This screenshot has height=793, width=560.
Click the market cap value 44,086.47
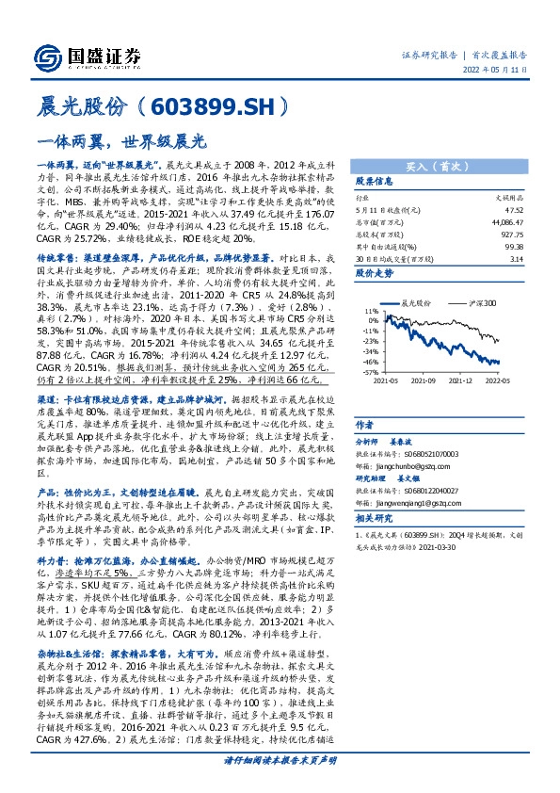click(x=504, y=221)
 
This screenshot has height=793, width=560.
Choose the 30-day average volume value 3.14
click(x=516, y=255)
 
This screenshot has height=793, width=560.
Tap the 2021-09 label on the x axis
click(x=423, y=381)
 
